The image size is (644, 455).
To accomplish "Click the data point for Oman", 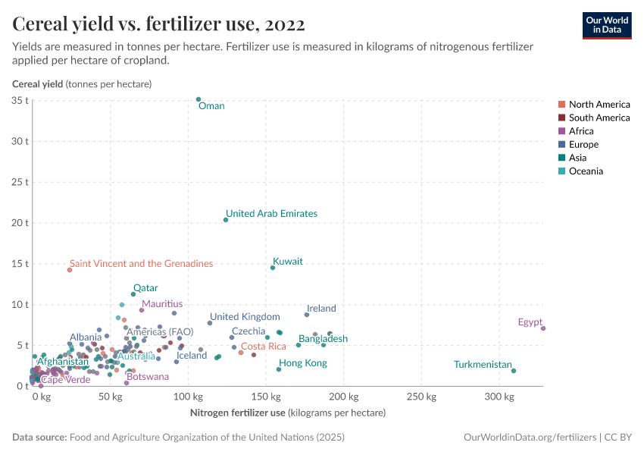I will point(199,99).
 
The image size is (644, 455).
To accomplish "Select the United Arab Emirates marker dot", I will point(226,220).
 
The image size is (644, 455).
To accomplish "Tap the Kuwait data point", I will point(273,268).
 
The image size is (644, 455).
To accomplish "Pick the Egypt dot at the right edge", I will point(543,328).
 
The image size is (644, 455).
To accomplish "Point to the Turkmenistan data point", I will point(514,371).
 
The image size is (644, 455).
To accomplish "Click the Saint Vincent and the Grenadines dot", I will point(70,270).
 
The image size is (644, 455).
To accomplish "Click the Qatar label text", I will point(145,288).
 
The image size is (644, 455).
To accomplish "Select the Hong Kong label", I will point(303,363).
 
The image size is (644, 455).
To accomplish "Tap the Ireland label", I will point(321,309).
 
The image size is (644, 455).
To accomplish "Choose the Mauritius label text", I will point(162,304).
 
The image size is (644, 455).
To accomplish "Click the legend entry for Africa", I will point(581,131).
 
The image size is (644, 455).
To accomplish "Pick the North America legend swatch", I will point(561,105).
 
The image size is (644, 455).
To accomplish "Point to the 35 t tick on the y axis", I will point(20,100).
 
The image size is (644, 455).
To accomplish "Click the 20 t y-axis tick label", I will point(20,223).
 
